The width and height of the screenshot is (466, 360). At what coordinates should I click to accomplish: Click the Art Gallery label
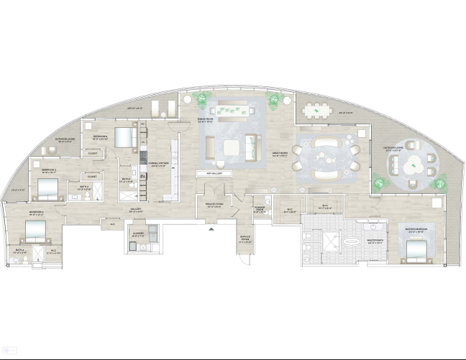pos(214,173)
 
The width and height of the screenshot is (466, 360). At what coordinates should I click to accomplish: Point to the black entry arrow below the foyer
pos(211,230)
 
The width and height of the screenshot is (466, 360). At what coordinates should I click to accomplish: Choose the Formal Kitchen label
pos(157,164)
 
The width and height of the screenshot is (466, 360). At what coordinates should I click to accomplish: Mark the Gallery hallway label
pos(135,211)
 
